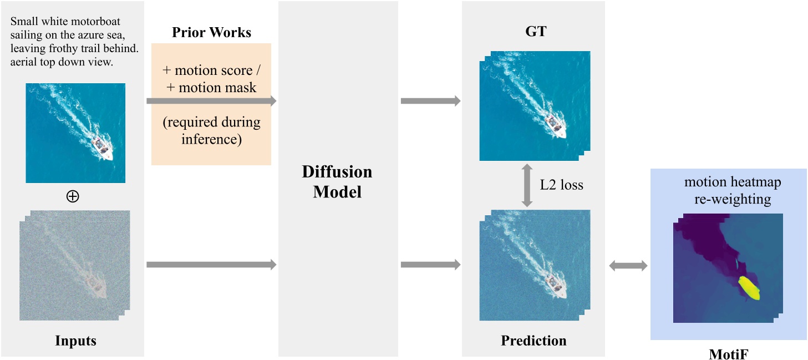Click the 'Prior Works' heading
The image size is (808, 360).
pos(211,33)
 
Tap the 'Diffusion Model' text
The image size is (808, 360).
pos(337,182)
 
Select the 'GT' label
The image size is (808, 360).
pos(535,32)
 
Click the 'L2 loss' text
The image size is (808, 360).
pos(561,185)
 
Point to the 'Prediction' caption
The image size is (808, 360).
pos(533,340)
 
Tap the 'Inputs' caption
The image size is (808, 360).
pos(75,340)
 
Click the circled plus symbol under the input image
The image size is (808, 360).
pos(72,196)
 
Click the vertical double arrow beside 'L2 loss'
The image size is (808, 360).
pos(527,185)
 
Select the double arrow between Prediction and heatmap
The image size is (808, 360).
pos(628,266)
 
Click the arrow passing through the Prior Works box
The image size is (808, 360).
pos(211,101)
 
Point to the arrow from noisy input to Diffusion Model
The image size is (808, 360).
pos(211,265)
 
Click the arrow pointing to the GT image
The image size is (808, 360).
pos(430,101)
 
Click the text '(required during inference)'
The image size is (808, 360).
pos(211,130)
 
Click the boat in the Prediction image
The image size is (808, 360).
pos(555,285)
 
